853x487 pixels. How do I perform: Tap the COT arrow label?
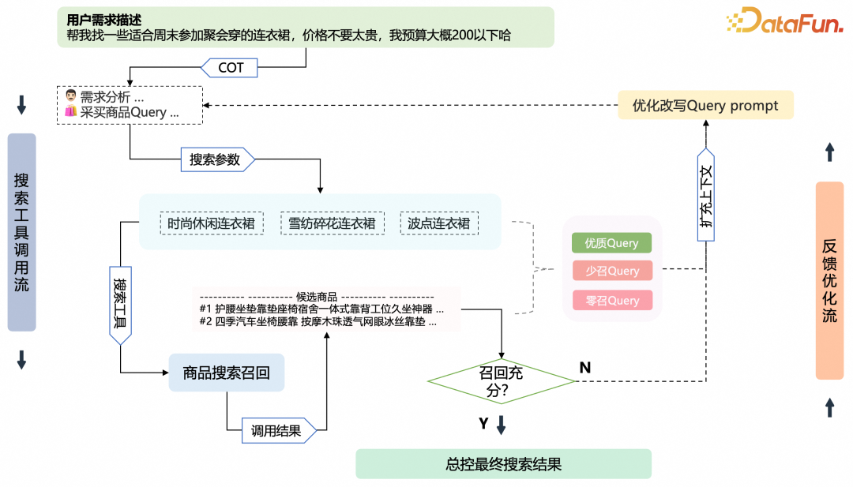coord(231,68)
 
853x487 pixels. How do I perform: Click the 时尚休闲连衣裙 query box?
coord(212,223)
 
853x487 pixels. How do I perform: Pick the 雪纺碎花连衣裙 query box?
coord(333,223)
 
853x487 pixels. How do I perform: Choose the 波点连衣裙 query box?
coord(439,223)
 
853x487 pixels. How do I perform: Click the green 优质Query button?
coord(612,243)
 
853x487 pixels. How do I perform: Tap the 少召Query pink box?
coord(612,271)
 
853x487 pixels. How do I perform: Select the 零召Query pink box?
coord(612,300)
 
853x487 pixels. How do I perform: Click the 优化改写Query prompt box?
coord(705,106)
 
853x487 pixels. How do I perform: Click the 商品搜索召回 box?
coord(227,373)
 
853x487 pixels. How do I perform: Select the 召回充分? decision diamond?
coord(502,380)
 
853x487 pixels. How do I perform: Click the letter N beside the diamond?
coord(585,367)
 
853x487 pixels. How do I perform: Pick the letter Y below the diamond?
coord(483,424)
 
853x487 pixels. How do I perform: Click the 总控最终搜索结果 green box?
coord(503,464)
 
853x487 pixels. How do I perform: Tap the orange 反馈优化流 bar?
coord(829,281)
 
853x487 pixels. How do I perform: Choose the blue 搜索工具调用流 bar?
coord(22,232)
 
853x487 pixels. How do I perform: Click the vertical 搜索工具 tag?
coord(120,304)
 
